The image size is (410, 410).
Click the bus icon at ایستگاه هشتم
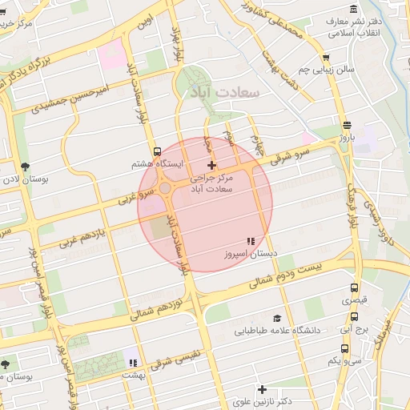157,150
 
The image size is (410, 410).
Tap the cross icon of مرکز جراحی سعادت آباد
211,164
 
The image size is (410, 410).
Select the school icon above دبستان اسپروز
251,240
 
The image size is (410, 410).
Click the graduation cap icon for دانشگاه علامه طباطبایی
277,318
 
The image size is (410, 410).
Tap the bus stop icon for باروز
346,125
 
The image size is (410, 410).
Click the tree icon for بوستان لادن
26,167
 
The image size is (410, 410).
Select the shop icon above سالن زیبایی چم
325,58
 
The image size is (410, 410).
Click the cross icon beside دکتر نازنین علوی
262,388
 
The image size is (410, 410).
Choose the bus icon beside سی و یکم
344,348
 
